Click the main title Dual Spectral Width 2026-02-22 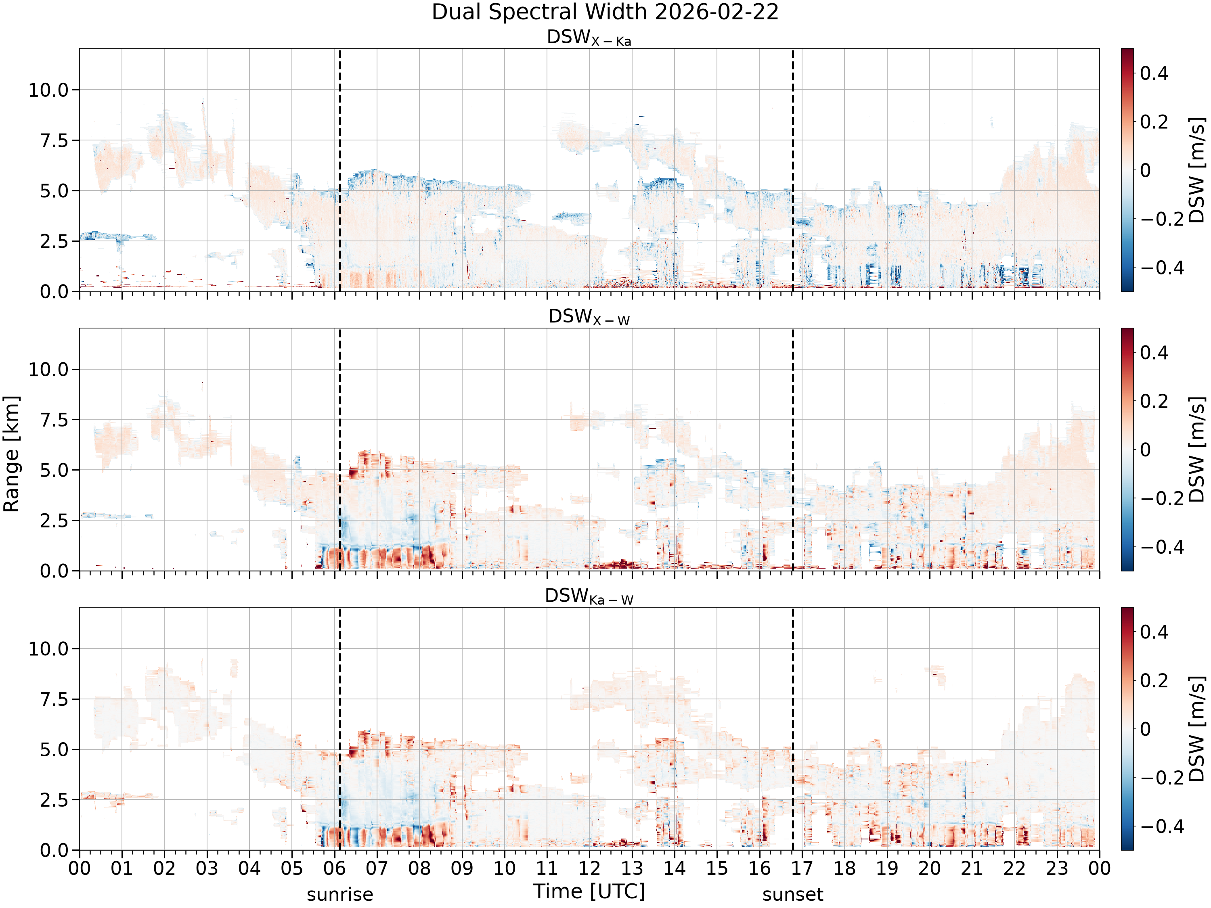click(x=605, y=12)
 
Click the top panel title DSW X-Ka click(x=589, y=38)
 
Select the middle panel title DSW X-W click(x=589, y=318)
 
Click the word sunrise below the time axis click(x=340, y=895)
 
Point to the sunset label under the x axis click(x=793, y=895)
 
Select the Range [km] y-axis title click(x=11, y=453)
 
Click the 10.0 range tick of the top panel click(x=49, y=90)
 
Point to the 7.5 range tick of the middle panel click(x=55, y=420)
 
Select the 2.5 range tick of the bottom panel click(x=55, y=799)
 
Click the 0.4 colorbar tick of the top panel click(x=1154, y=73)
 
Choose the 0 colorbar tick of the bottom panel click(x=1145, y=729)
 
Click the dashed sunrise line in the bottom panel click(x=340, y=728)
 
